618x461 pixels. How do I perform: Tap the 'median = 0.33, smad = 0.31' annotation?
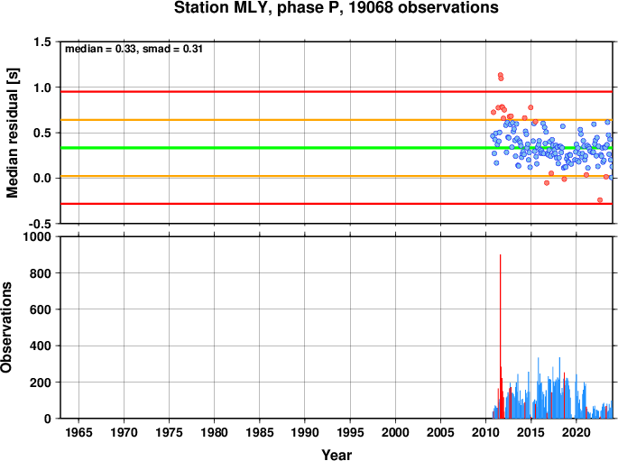(134, 49)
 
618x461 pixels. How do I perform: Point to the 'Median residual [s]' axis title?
(13, 133)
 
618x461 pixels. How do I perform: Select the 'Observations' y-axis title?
(6, 327)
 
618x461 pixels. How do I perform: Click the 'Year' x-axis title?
(337, 455)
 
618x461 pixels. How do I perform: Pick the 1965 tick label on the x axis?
(78, 433)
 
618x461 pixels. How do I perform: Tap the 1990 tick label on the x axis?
(305, 433)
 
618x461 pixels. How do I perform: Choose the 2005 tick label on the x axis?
(440, 433)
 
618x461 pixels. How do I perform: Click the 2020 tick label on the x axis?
(576, 433)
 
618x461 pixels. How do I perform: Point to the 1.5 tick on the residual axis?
(42, 41)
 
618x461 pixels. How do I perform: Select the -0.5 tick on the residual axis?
(41, 224)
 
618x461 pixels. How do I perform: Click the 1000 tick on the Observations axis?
(37, 236)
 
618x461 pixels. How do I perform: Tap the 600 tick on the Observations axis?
(41, 309)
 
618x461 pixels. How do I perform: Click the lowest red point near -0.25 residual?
(600, 199)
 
